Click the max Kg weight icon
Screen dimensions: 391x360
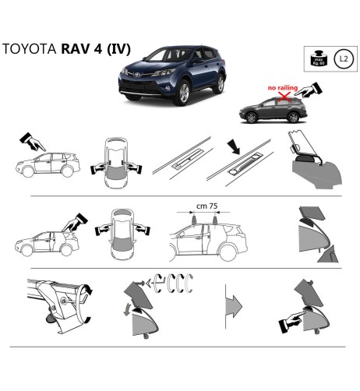(x=318, y=58)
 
